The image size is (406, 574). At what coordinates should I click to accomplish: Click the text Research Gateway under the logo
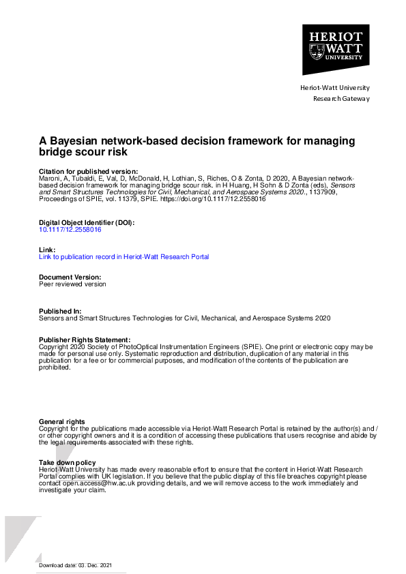[x=341, y=99]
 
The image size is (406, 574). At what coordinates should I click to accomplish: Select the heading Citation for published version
[x=88, y=171]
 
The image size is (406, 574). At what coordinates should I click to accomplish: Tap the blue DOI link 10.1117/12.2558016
[x=70, y=230]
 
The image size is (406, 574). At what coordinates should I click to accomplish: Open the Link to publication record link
[x=124, y=257]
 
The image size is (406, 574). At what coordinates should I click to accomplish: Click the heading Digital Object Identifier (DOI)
[x=87, y=223]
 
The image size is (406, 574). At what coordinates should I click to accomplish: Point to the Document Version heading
[x=70, y=277]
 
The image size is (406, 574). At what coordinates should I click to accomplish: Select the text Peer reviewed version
[x=73, y=284]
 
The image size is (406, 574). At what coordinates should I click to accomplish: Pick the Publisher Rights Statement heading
[x=85, y=339]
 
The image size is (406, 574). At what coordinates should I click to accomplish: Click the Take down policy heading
[x=68, y=463]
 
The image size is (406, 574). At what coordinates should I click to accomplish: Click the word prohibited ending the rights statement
[x=55, y=367]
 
